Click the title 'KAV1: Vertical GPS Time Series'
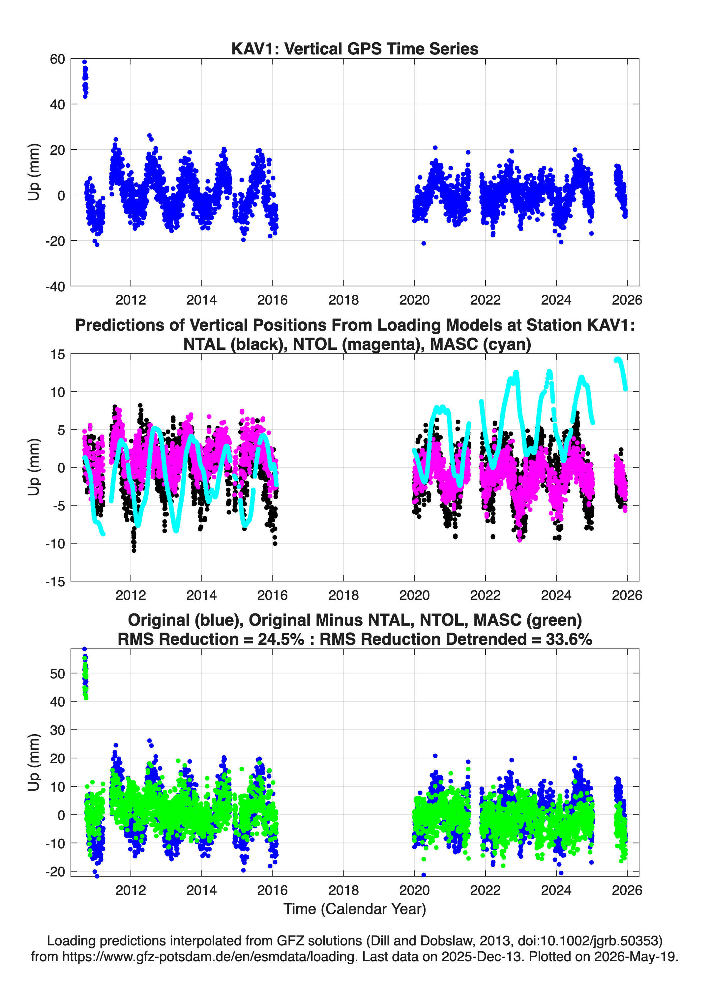click(355, 49)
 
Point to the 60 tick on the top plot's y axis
click(57, 59)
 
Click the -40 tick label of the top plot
click(55, 286)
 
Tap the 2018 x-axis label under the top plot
click(343, 300)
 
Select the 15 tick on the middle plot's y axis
click(58, 354)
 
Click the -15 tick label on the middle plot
click(55, 582)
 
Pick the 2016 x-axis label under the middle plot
click(272, 595)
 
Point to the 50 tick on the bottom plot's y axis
click(57, 674)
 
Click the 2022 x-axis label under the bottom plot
click(485, 890)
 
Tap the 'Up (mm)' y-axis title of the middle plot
click(34, 467)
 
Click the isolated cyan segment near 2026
click(621, 373)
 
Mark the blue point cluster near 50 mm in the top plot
click(85, 80)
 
